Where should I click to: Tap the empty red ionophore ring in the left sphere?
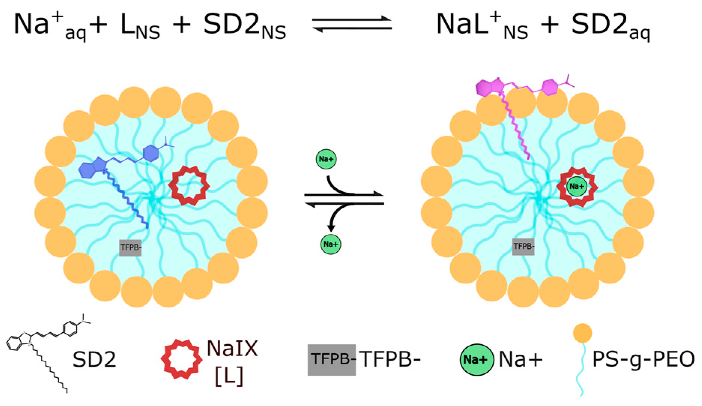[189, 186]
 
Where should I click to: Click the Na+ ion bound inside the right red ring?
[577, 187]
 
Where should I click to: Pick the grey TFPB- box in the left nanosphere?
[130, 248]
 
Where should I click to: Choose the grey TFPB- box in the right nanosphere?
[523, 247]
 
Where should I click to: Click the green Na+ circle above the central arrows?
[326, 159]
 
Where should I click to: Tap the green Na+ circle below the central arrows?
[331, 244]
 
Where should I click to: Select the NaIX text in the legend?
[232, 348]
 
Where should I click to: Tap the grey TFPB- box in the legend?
[332, 360]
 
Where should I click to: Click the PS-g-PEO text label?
[643, 360]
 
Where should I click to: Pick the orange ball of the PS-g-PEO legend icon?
[583, 333]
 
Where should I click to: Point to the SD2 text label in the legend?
[94, 360]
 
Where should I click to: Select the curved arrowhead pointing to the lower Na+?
[331, 227]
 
